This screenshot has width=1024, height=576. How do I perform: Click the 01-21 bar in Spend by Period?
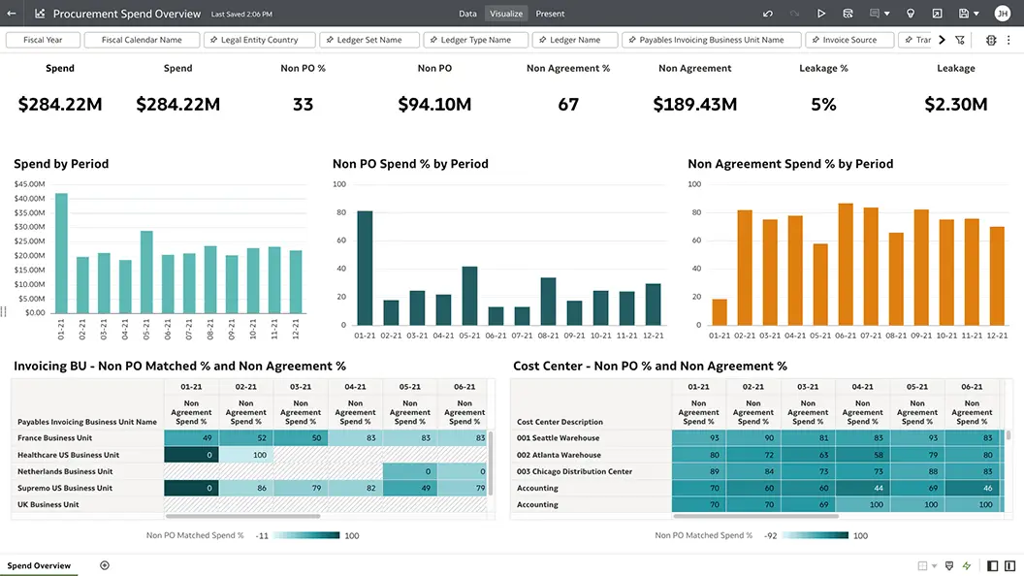point(61,253)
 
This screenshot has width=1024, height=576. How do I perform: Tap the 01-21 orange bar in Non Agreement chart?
point(719,311)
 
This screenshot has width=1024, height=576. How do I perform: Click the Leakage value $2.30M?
point(955,105)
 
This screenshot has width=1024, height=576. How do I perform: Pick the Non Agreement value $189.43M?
point(694,105)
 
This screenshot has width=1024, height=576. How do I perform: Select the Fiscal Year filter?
point(43,40)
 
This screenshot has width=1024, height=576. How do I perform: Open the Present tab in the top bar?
point(550,14)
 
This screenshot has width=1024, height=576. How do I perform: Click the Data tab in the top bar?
point(467,14)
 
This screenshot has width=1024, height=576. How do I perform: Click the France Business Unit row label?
point(56,438)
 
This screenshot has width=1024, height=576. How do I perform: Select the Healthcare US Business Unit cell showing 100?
point(246,455)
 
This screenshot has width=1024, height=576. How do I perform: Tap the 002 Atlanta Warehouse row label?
point(559,455)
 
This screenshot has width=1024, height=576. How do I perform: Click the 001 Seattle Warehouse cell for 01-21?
point(699,438)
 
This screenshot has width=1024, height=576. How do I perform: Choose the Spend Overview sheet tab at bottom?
point(40,565)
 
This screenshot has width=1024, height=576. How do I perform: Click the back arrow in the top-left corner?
point(12,14)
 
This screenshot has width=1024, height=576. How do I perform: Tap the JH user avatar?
point(1002,14)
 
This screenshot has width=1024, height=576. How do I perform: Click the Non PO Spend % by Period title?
point(410,164)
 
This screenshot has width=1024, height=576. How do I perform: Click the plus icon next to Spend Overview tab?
point(105,565)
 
